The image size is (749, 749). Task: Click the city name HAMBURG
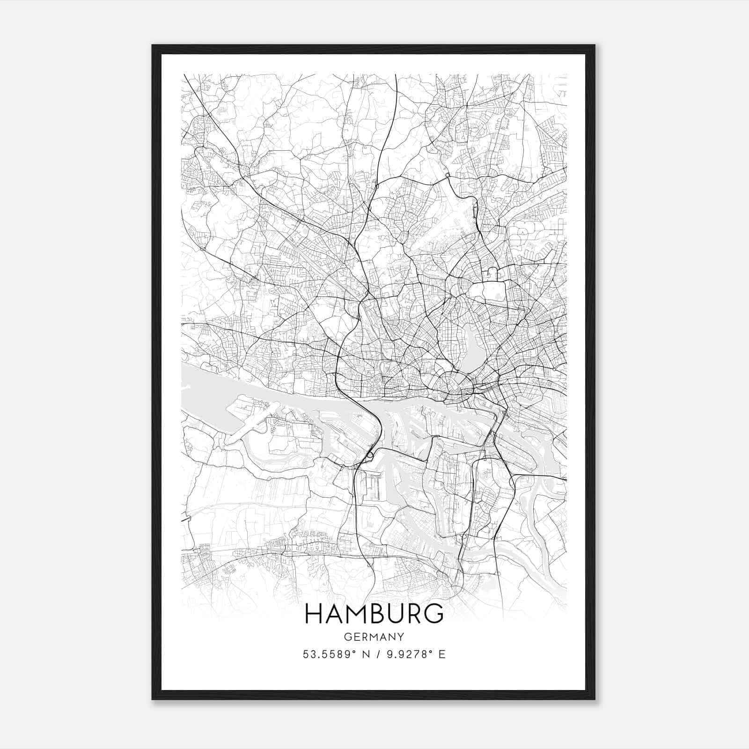374,614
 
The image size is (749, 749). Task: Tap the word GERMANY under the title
374,637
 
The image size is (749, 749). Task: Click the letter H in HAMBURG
313,614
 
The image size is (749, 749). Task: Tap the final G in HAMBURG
433,614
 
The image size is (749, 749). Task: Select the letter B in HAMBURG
373,614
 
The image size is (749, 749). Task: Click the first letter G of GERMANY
347,637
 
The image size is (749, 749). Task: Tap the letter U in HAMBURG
392,614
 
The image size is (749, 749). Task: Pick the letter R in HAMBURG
411,614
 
